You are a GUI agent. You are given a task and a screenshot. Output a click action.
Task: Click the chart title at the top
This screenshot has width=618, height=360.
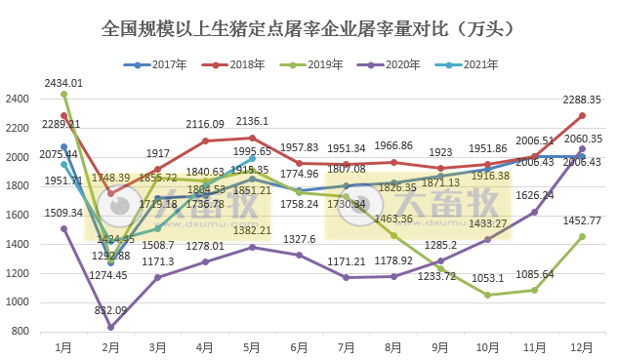[309, 30]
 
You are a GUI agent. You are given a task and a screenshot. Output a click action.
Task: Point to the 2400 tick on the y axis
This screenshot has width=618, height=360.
[19, 100]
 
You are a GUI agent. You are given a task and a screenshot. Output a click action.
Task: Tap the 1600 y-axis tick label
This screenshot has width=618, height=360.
[19, 216]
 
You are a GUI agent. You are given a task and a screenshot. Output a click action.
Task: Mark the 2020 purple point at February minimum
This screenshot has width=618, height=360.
[111, 327]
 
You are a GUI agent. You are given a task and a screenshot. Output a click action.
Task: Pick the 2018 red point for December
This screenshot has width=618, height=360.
[582, 115]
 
